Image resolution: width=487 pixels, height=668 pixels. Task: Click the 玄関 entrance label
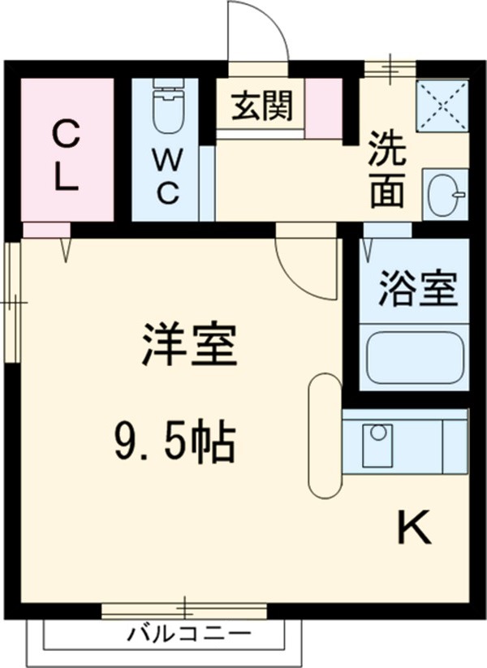(261, 106)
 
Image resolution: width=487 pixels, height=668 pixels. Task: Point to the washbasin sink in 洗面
(446, 195)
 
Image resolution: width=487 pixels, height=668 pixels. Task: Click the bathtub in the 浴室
(415, 358)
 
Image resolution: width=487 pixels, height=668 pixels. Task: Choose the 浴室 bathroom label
(417, 290)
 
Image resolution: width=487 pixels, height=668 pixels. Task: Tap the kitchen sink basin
(377, 445)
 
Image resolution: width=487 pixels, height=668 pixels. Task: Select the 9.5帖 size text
(173, 442)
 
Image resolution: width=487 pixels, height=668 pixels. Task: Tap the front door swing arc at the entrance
(258, 32)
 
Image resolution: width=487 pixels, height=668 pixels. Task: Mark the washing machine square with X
(442, 105)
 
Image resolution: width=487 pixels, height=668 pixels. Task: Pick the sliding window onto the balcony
(184, 610)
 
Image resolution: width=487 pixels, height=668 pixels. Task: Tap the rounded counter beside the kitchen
(325, 436)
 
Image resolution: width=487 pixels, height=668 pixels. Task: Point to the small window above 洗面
(389, 68)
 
